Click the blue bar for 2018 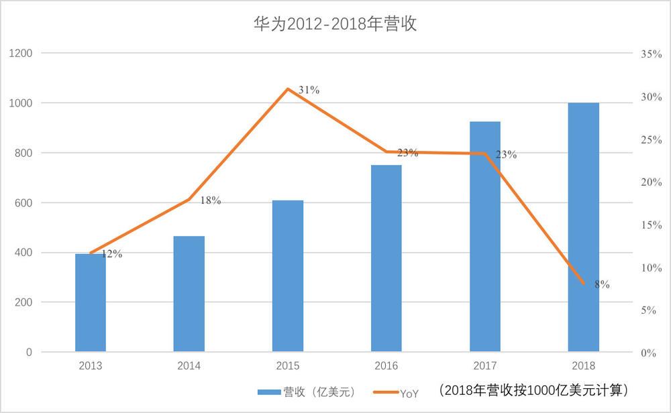pos(583,227)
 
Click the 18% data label pos(211,200)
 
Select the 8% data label pos(602,284)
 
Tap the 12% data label pos(112,254)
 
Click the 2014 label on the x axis pos(189,366)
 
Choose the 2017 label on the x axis pos(484,366)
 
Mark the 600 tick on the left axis pos(24,202)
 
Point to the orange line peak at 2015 pos(288,88)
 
